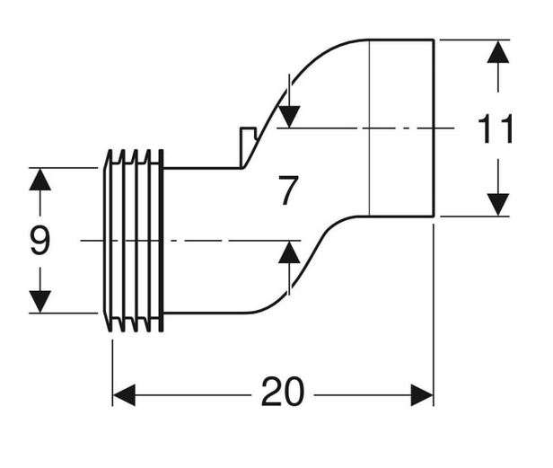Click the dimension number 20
[283, 392]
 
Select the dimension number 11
[496, 128]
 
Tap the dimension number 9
[40, 240]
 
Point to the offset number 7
[288, 190]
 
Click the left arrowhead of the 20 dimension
[124, 395]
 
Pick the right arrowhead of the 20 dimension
[422, 395]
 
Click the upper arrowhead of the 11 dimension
[498, 52]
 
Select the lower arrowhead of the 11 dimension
[498, 204]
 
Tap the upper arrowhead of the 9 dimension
[40, 180]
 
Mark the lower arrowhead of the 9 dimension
[40, 302]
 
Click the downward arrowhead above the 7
[289, 117]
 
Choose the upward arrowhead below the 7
[289, 252]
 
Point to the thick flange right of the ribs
[162, 241]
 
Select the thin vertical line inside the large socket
[369, 128]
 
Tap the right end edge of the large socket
[434, 128]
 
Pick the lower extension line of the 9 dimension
[63, 313]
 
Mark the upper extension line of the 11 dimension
[475, 40]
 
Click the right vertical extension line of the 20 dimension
[434, 315]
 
